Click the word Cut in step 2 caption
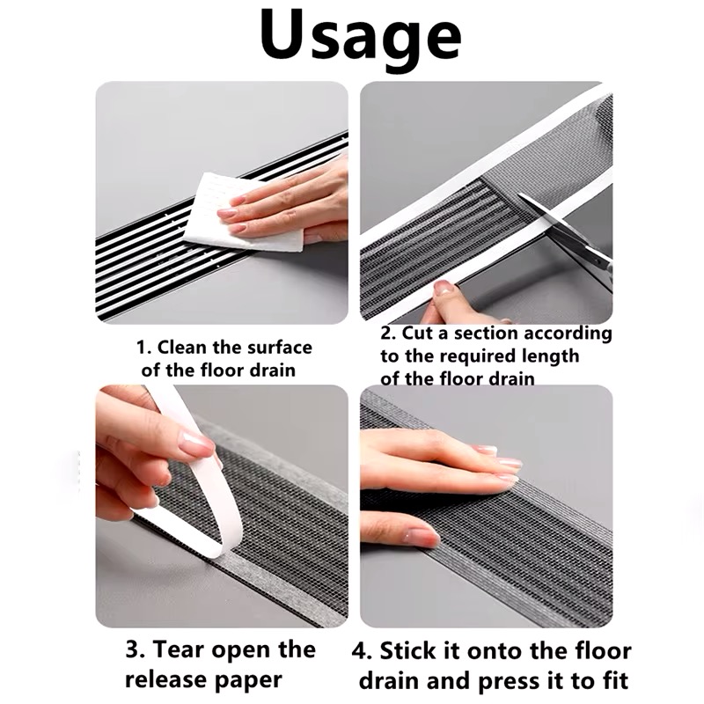click(419, 334)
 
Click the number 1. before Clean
click(143, 348)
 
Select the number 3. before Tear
click(136, 649)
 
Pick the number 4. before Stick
click(362, 651)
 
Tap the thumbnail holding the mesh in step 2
click(444, 288)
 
